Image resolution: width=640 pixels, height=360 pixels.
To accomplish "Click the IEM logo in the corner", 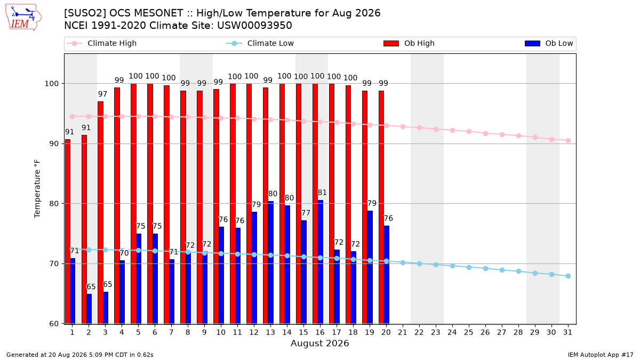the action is (x=23, y=18).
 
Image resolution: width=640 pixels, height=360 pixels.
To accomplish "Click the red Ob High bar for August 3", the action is (x=100, y=213).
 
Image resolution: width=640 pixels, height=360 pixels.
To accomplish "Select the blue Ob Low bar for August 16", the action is (x=321, y=262).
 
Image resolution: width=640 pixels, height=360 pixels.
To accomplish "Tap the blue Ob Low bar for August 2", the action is (x=89, y=309).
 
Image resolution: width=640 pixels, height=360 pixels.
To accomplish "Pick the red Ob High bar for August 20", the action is (x=381, y=207).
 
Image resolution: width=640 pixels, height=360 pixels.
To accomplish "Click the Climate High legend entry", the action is (x=101, y=43).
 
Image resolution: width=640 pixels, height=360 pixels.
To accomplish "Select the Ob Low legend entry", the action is (x=549, y=43).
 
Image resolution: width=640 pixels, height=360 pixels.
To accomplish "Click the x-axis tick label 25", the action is (x=469, y=333).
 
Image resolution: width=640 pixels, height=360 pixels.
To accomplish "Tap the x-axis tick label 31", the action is (x=567, y=333).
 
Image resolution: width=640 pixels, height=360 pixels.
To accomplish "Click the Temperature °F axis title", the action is (x=37, y=189).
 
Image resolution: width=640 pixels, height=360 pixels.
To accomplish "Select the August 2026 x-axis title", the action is (x=319, y=343).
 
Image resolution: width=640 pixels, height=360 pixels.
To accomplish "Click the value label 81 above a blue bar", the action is (x=322, y=193).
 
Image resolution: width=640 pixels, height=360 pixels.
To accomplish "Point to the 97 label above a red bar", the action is (x=102, y=94).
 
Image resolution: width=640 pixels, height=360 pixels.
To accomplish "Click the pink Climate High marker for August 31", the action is (x=568, y=141).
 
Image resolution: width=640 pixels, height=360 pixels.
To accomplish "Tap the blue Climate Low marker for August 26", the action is (x=485, y=269).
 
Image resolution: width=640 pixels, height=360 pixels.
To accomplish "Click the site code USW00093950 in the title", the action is (x=254, y=26).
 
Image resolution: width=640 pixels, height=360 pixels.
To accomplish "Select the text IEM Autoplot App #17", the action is (x=601, y=355).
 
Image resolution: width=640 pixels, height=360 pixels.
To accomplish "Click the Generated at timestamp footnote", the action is (x=79, y=355).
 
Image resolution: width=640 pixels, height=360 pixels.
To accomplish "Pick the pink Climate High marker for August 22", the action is (x=419, y=127).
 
